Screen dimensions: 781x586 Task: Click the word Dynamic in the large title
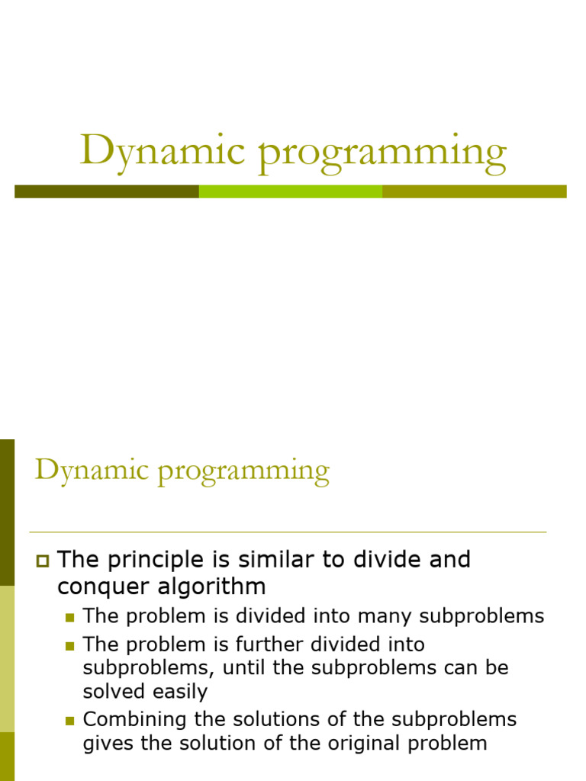coord(164,150)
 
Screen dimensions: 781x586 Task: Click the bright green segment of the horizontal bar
coord(290,191)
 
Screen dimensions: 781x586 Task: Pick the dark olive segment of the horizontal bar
coord(107,191)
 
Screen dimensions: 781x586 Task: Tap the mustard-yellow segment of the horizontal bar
coord(474,191)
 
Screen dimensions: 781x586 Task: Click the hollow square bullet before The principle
coord(42,562)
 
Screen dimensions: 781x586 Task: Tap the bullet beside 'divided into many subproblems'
coord(70,618)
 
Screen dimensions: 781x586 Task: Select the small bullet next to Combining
coord(70,721)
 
